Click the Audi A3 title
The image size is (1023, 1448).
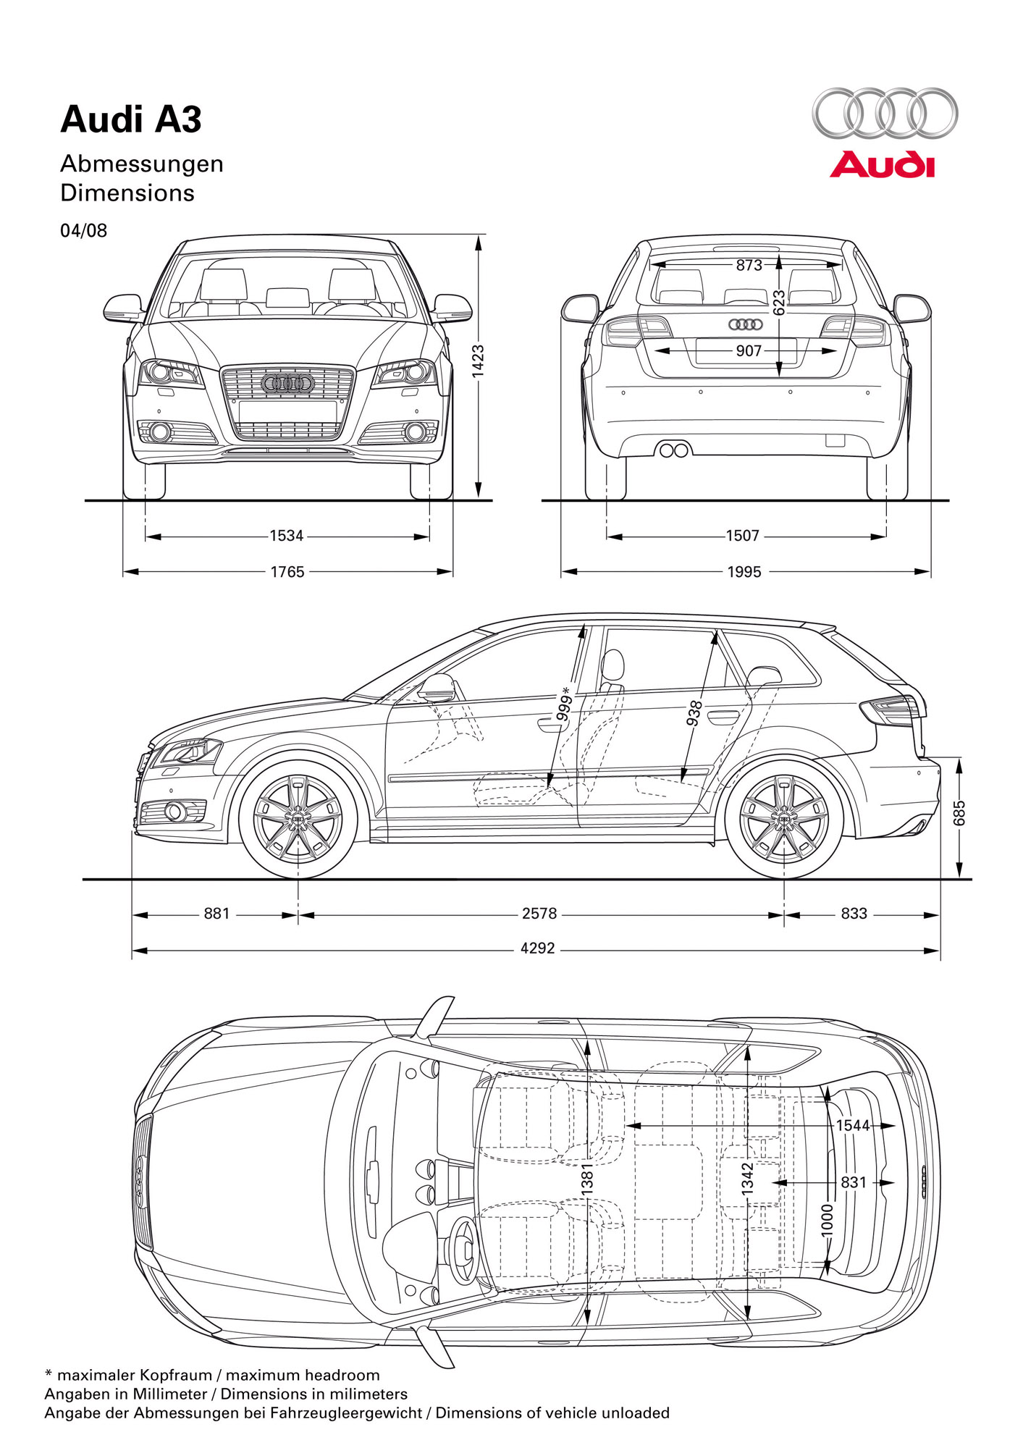coord(131,119)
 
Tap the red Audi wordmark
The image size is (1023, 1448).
coord(882,165)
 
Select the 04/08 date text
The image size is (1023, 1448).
coord(83,231)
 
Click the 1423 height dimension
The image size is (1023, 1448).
coord(478,361)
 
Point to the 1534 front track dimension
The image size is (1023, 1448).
coord(287,536)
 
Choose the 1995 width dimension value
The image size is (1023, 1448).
coord(744,572)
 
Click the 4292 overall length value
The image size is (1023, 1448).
coord(538,948)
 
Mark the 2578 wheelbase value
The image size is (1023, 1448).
coord(539,914)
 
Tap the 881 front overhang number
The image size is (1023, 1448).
coord(216,914)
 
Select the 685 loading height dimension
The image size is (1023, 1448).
coord(959,812)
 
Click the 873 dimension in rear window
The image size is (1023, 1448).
coord(749,266)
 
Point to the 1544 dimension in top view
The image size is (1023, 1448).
coord(853,1125)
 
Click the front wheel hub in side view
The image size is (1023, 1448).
coord(298,817)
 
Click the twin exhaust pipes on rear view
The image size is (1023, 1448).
coord(674,450)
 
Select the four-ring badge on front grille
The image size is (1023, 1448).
coord(287,383)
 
